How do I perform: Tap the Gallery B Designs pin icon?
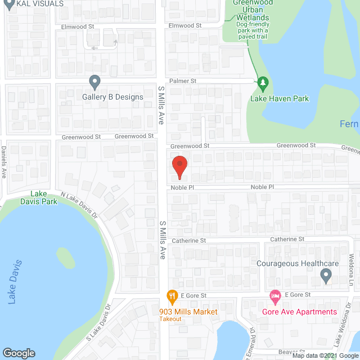pyautogui.click(x=95, y=83)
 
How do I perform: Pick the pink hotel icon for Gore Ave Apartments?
pyautogui.click(x=274, y=295)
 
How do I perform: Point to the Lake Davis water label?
pyautogui.click(x=16, y=282)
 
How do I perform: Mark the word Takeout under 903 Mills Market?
pyautogui.click(x=169, y=319)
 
